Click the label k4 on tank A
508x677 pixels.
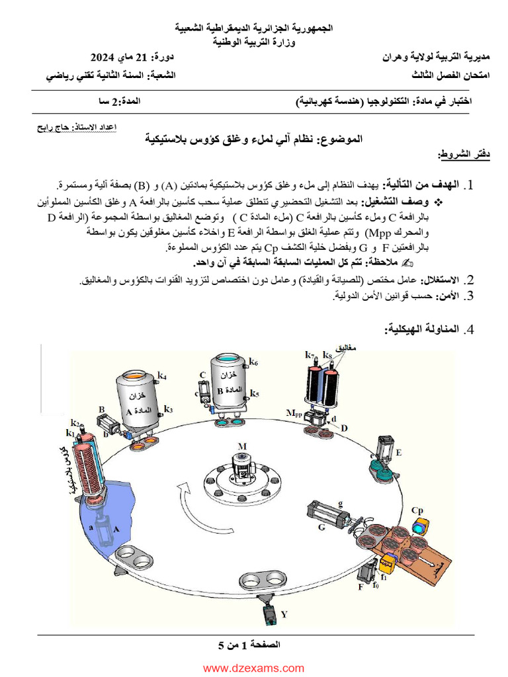pyautogui.click(x=162, y=376)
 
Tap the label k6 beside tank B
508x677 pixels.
pyautogui.click(x=253, y=362)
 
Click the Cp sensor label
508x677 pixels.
pyautogui.click(x=417, y=510)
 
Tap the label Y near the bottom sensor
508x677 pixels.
pyautogui.click(x=284, y=614)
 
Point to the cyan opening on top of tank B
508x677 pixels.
pyautogui.click(x=227, y=358)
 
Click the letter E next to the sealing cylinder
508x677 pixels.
pyautogui.click(x=398, y=452)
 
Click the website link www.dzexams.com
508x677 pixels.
pyautogui.click(x=253, y=668)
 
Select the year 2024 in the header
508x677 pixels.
pyautogui.click(x=104, y=57)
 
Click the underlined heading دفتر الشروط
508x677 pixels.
pyautogui.click(x=454, y=154)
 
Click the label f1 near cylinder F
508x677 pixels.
pyautogui.click(x=384, y=577)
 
